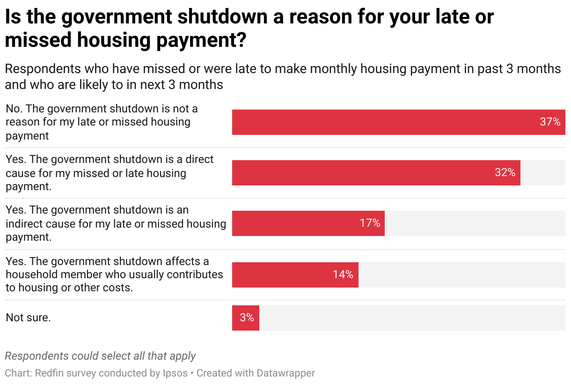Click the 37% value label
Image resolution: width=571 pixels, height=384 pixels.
click(x=550, y=122)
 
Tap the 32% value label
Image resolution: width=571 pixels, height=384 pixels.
click(x=505, y=173)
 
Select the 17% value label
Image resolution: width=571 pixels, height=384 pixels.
click(x=370, y=223)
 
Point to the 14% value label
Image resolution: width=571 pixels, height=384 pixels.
click(x=343, y=274)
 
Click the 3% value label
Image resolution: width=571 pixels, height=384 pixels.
click(x=247, y=318)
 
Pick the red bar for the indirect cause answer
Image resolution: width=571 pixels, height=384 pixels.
click(x=295, y=223)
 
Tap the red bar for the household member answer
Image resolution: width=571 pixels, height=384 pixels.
click(x=281, y=274)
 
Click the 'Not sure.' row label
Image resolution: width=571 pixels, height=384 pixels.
click(x=28, y=318)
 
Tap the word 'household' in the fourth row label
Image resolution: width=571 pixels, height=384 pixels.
click(x=31, y=274)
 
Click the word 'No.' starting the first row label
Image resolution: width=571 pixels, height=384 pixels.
click(x=14, y=109)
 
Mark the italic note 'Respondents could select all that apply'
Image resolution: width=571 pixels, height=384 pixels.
click(x=100, y=356)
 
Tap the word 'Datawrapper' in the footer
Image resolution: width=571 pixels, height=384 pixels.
click(x=285, y=373)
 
